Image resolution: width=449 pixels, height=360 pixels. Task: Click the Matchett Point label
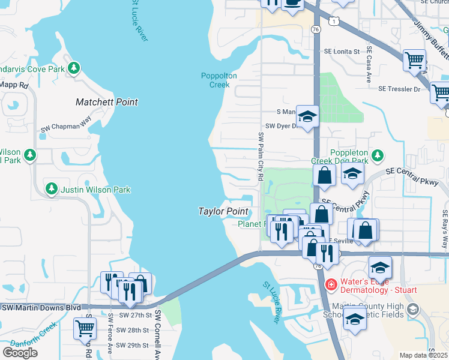tap(107, 102)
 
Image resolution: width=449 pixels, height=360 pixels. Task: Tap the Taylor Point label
tap(223, 211)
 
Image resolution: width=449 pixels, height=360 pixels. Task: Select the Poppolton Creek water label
tap(219, 80)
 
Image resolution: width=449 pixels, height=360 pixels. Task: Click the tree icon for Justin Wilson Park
tap(52, 190)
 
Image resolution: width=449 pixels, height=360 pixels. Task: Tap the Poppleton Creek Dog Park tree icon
tap(377, 156)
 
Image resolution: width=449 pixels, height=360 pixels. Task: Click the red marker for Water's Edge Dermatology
tap(330, 283)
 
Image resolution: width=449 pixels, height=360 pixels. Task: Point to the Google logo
tap(20, 352)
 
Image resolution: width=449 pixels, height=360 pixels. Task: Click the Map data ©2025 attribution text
tap(423, 355)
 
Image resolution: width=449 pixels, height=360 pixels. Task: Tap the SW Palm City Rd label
tap(261, 157)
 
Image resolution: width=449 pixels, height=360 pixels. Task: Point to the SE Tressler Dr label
tap(400, 89)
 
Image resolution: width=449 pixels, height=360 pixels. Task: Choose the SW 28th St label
tap(132, 331)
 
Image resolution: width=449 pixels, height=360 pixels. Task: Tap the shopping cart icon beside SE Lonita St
tap(414, 60)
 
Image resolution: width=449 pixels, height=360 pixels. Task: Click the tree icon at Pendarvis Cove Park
tap(74, 68)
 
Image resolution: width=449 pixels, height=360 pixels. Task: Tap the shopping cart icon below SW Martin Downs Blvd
tap(85, 327)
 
